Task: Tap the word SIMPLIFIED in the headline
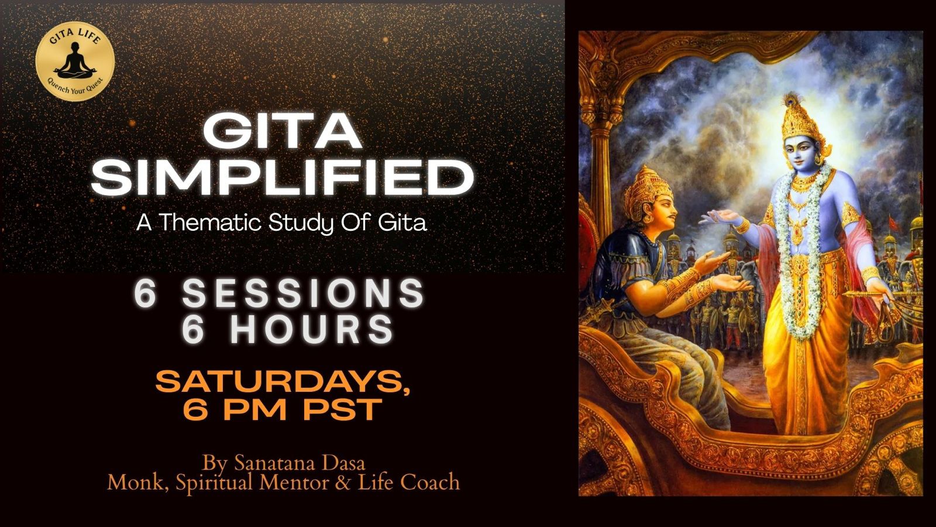pyautogui.click(x=283, y=178)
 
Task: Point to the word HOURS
pyautogui.click(x=312, y=329)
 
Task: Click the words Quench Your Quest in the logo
pyautogui.click(x=75, y=88)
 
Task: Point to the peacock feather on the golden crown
pyautogui.click(x=790, y=100)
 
